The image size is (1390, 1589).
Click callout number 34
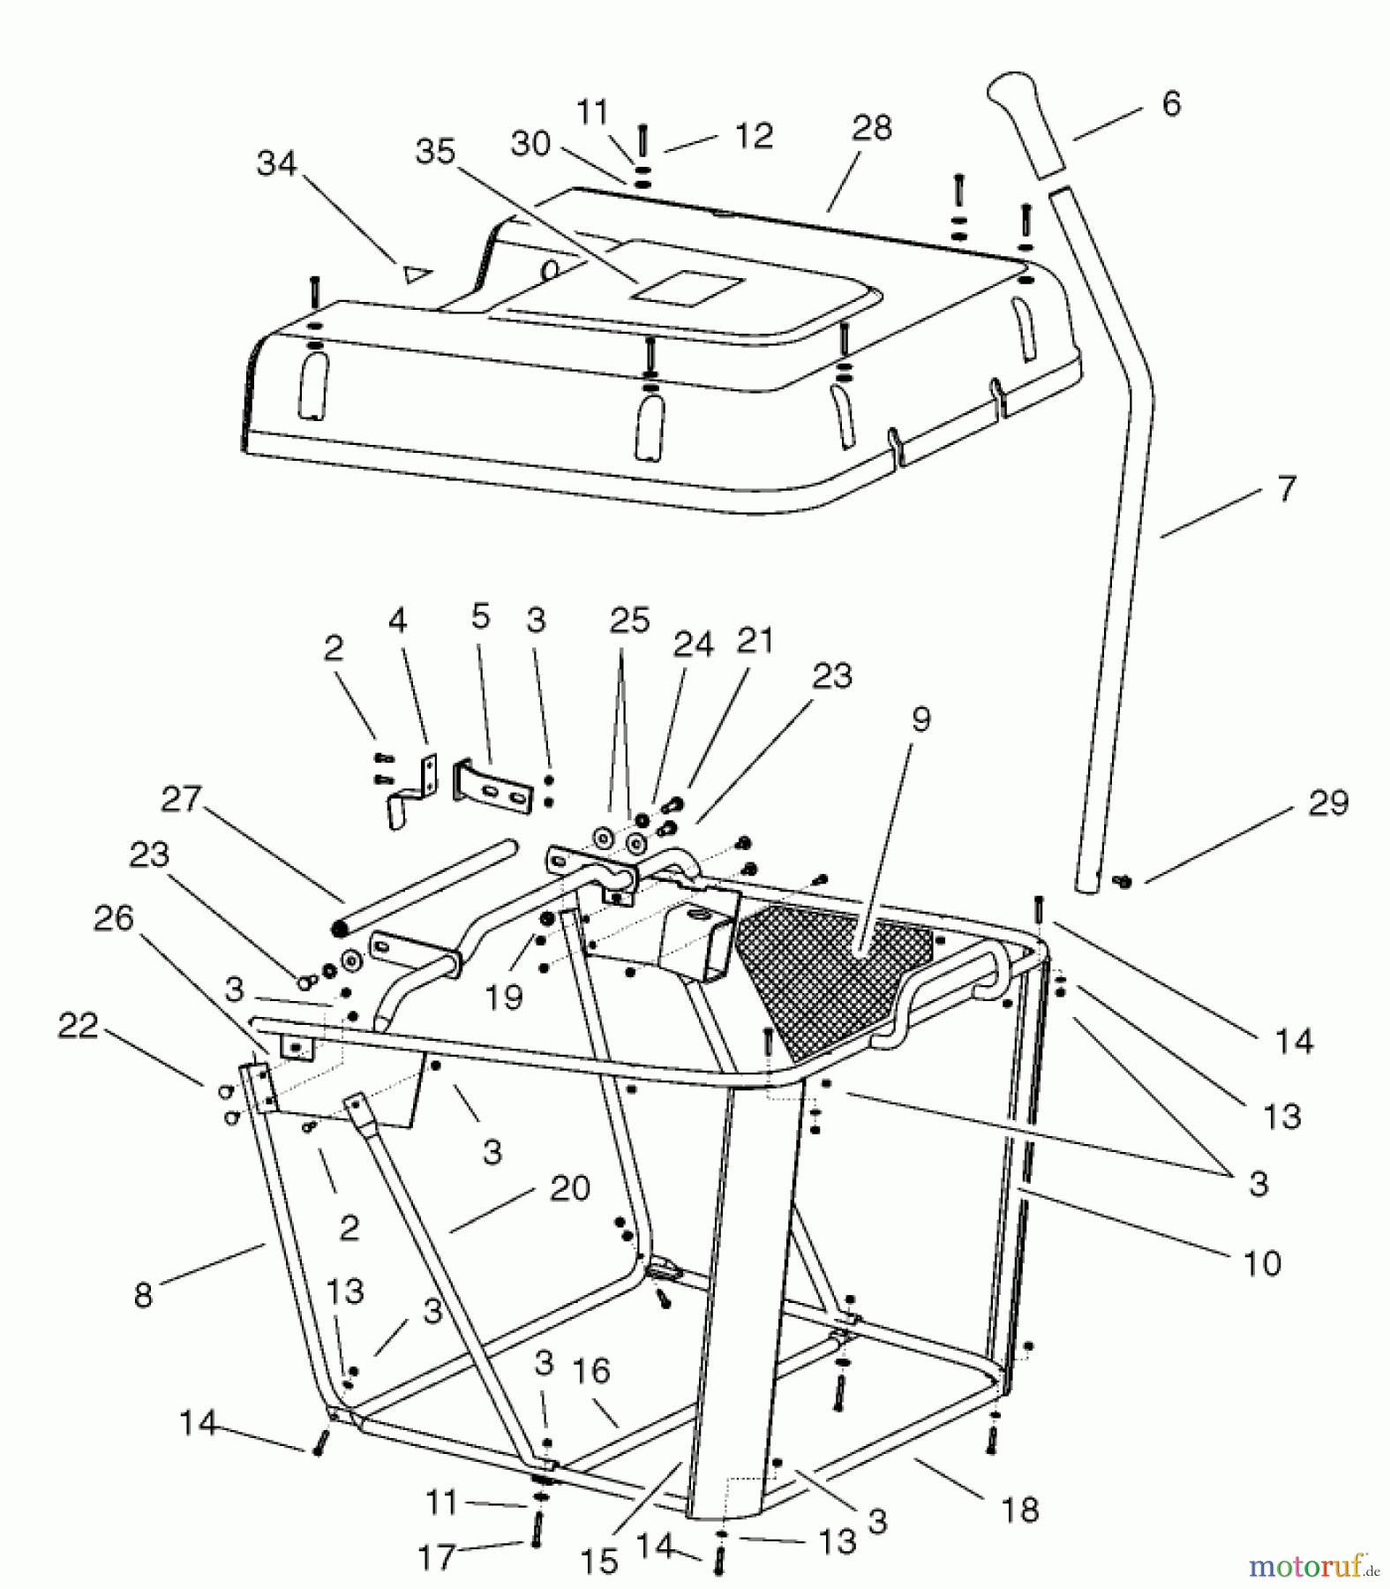pos(276,164)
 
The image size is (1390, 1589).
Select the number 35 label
pos(435,152)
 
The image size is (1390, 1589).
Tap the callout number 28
pos(871,129)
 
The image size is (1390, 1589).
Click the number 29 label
pos(1328,803)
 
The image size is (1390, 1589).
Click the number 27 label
pos(181,800)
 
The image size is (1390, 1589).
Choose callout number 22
pos(78,1026)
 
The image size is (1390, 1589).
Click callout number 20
pos(569,1187)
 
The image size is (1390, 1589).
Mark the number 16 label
pos(590,1371)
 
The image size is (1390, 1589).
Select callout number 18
pos(1020,1510)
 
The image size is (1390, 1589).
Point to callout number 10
pos(1261,1263)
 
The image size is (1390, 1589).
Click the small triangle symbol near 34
pos(414,275)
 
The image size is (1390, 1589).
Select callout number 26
pos(113,919)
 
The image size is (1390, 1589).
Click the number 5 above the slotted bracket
pos(480,617)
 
